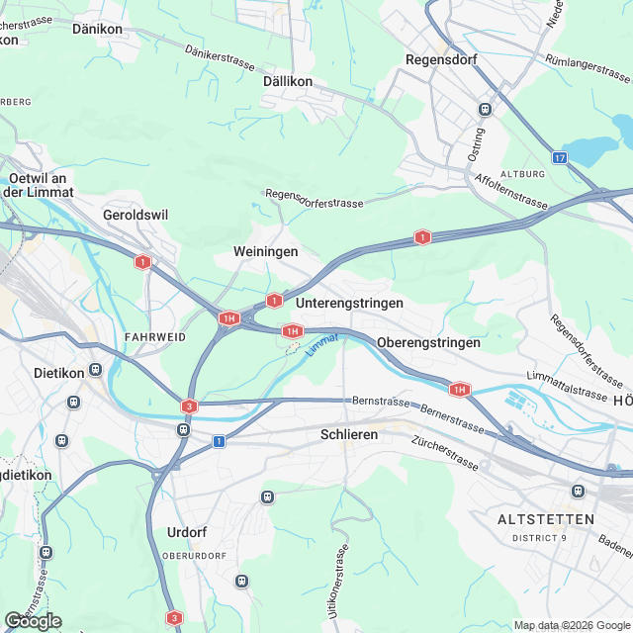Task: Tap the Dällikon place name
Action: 289,81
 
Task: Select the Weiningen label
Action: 265,252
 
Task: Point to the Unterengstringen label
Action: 349,302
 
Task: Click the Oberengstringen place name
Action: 427,342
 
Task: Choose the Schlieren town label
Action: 350,434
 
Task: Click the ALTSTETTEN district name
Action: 546,519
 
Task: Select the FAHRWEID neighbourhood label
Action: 155,337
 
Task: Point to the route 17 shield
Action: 561,158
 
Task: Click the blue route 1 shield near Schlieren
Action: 219,440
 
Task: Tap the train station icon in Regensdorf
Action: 485,110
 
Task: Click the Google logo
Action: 33,620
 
